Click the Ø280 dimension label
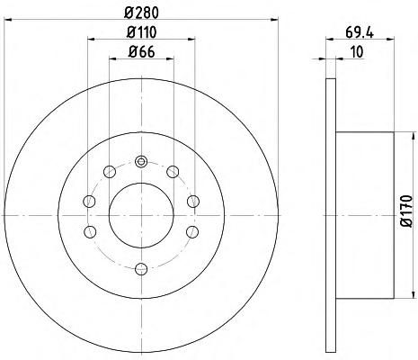point(141,13)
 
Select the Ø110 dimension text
point(141,32)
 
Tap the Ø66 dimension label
point(141,52)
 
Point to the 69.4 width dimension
point(360,32)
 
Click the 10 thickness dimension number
point(357,51)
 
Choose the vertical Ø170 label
point(406,211)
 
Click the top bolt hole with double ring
point(141,162)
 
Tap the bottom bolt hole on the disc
point(141,269)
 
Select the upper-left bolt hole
point(110,172)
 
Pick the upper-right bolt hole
point(173,172)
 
